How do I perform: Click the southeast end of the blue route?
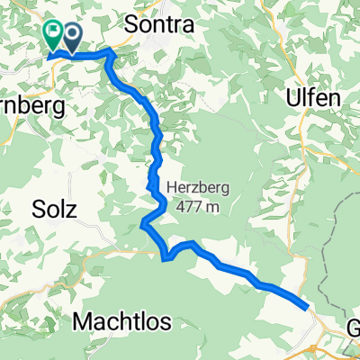309,306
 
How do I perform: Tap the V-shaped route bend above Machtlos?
166,259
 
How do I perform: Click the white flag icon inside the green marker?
52,32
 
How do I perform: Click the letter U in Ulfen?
292,97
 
